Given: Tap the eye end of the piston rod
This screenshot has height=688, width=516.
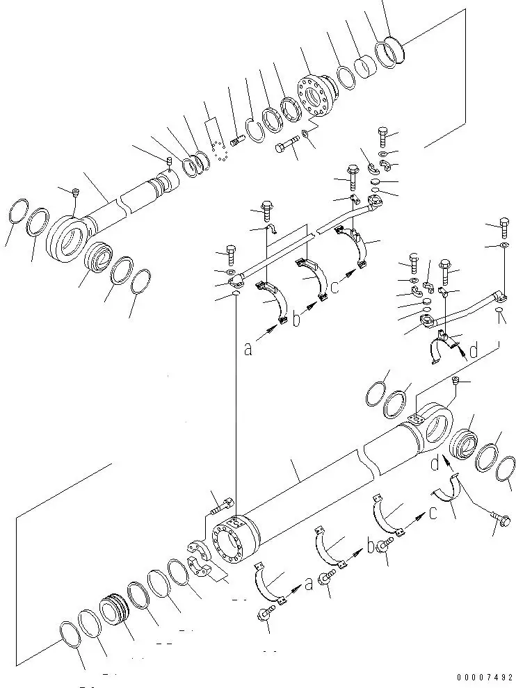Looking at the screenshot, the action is click(70, 237).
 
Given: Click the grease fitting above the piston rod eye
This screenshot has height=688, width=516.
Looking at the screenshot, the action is click(76, 191).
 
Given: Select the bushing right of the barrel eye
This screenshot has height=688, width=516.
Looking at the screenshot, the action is click(462, 444).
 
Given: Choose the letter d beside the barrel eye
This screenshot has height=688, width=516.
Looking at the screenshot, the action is click(433, 462).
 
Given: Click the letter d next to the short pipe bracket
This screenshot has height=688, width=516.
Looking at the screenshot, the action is click(474, 352).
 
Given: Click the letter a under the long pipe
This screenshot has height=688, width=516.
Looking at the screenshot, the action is click(248, 350).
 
